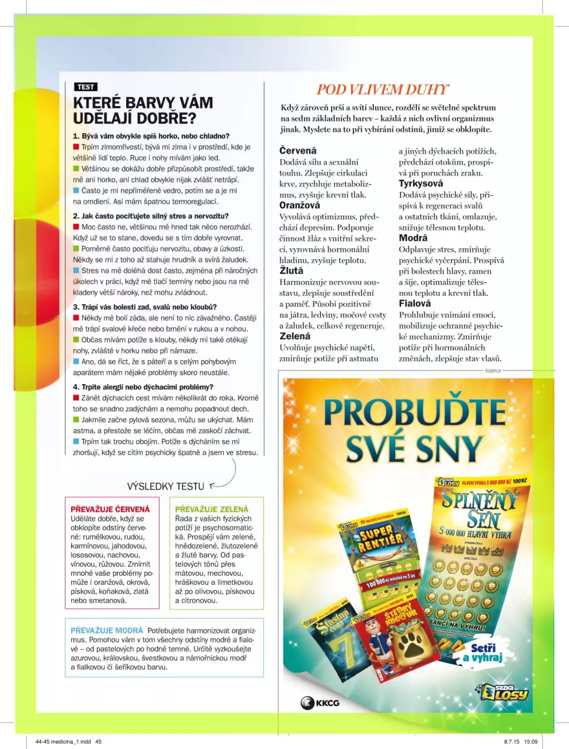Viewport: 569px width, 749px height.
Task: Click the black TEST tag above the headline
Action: (x=85, y=87)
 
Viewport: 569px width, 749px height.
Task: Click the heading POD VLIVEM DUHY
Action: (x=382, y=89)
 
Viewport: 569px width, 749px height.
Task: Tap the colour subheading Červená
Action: (x=298, y=150)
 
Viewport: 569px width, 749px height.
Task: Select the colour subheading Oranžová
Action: (x=299, y=205)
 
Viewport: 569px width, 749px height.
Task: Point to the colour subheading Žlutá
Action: (x=291, y=270)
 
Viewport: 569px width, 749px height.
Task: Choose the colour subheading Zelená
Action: (x=295, y=336)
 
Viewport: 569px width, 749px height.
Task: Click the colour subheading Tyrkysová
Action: (x=420, y=184)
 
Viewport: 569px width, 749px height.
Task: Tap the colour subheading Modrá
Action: (x=413, y=238)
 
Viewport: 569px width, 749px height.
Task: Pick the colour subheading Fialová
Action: (x=415, y=303)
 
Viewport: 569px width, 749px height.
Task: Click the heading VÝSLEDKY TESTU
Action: (x=165, y=486)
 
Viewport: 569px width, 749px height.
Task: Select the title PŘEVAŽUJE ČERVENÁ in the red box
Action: (x=110, y=509)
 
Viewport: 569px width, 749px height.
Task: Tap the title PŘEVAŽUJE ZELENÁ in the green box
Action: (x=212, y=509)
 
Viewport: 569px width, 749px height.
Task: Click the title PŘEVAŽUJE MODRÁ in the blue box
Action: (x=107, y=630)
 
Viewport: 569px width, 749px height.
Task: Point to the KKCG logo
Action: (x=320, y=702)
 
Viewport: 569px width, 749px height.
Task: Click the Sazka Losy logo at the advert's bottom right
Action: (x=505, y=692)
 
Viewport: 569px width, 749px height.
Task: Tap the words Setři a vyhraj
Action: (x=482, y=653)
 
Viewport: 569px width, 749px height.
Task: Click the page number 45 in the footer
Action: (x=98, y=742)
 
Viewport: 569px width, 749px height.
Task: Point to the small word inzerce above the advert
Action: (x=493, y=370)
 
